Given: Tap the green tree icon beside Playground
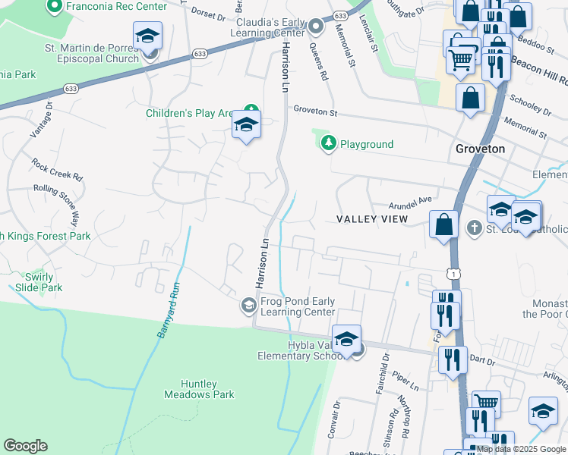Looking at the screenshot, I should (328, 143).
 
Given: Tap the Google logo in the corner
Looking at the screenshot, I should (25, 446).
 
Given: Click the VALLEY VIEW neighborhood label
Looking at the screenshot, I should (372, 219).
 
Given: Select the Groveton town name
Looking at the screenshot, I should (480, 149).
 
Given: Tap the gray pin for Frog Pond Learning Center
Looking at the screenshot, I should (248, 306).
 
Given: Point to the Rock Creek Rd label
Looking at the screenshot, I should (55, 169).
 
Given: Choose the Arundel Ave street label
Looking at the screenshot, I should (410, 201).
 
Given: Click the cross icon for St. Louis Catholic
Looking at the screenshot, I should (474, 227).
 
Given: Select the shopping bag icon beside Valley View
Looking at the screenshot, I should (443, 224).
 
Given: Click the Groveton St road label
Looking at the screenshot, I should (315, 111).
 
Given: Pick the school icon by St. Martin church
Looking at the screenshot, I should (147, 35).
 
